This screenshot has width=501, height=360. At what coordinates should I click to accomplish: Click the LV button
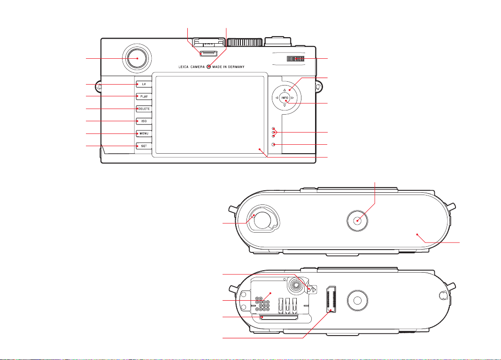(x=144, y=84)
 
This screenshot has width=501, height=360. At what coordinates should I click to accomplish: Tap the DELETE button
(x=144, y=109)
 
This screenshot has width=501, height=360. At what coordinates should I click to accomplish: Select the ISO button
(x=144, y=121)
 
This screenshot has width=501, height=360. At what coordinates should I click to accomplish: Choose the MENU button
(x=144, y=133)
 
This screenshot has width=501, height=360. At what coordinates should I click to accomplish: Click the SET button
(x=144, y=146)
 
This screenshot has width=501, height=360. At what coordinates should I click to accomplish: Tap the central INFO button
(x=285, y=98)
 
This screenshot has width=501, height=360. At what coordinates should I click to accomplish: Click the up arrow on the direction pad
(x=285, y=90)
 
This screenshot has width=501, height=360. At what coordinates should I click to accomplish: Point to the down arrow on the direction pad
(x=285, y=105)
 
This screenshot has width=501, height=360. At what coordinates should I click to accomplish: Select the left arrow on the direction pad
(x=277, y=98)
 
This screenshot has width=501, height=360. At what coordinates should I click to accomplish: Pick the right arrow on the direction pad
(x=293, y=98)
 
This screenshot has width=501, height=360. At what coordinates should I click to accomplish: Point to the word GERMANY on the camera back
(x=236, y=67)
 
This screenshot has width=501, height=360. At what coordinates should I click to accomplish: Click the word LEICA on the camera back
(x=184, y=67)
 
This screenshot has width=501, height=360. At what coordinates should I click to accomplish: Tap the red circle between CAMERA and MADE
(x=208, y=66)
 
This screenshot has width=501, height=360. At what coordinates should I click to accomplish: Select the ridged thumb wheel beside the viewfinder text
(x=295, y=58)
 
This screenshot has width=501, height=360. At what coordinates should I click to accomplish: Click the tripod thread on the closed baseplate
(x=357, y=220)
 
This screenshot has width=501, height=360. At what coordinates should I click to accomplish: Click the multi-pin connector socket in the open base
(x=331, y=299)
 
